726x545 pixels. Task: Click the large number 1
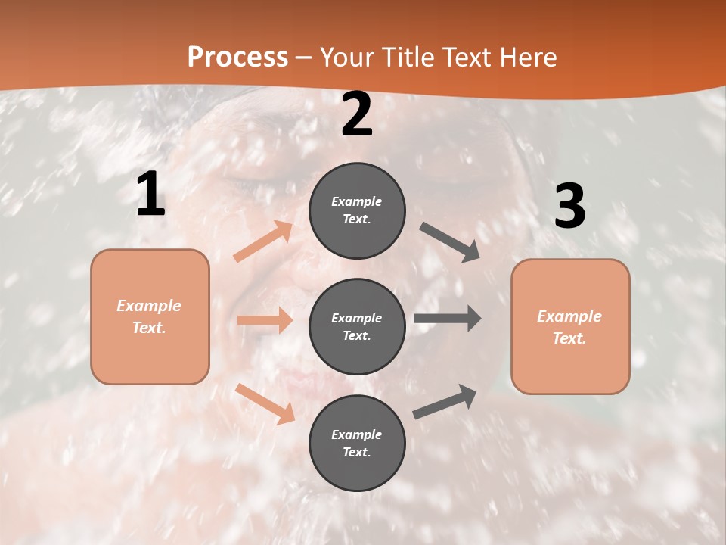150,195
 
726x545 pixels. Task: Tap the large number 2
357,115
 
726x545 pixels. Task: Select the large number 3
569,207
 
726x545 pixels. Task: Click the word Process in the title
237,57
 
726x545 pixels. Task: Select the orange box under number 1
150,316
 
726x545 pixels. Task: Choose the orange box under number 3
570,326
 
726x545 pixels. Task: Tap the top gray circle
357,210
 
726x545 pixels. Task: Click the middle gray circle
357,326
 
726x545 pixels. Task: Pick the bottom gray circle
357,443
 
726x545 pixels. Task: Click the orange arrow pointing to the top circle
263,241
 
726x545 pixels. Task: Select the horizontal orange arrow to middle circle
265,320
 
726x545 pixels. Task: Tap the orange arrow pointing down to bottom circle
265,403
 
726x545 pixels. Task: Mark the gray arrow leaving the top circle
450,241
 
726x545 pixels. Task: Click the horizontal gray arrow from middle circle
447,319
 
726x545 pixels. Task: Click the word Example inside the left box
149,306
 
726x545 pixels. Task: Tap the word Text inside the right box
569,338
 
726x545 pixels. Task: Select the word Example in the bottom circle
356,434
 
